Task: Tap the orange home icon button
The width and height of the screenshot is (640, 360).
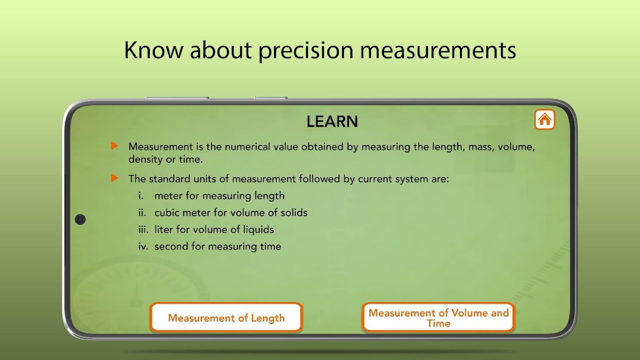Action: pyautogui.click(x=545, y=119)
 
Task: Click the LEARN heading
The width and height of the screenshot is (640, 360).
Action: pyautogui.click(x=332, y=121)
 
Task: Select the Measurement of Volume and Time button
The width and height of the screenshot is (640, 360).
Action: pyautogui.click(x=438, y=318)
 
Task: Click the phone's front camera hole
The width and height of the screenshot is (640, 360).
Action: pyautogui.click(x=80, y=220)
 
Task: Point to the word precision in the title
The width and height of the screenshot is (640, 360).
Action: pyautogui.click(x=306, y=50)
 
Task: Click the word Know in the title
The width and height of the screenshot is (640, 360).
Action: pyautogui.click(x=153, y=50)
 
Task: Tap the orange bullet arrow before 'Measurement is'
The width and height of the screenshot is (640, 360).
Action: pyautogui.click(x=114, y=146)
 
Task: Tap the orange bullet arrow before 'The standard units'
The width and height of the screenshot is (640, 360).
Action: pyautogui.click(x=114, y=178)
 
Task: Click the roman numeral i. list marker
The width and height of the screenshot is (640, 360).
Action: pyautogui.click(x=141, y=196)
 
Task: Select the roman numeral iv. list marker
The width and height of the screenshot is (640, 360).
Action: pyautogui.click(x=143, y=246)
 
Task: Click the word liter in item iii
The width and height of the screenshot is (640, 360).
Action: pyautogui.click(x=164, y=229)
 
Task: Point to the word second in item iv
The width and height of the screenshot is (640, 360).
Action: pyautogui.click(x=171, y=246)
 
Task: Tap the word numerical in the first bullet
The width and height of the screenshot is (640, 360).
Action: pyautogui.click(x=247, y=147)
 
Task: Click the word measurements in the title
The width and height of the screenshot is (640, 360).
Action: pyautogui.click(x=438, y=50)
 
